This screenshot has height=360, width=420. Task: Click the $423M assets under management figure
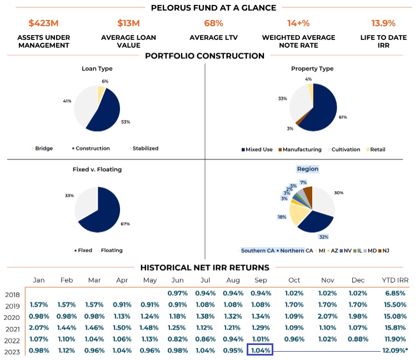pos(44,23)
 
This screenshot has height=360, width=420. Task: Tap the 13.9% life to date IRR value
pos(383,23)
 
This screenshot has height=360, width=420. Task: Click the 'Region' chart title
pos(307,168)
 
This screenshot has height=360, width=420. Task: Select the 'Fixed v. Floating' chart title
pos(98,168)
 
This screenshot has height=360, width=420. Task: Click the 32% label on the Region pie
pos(323,236)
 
